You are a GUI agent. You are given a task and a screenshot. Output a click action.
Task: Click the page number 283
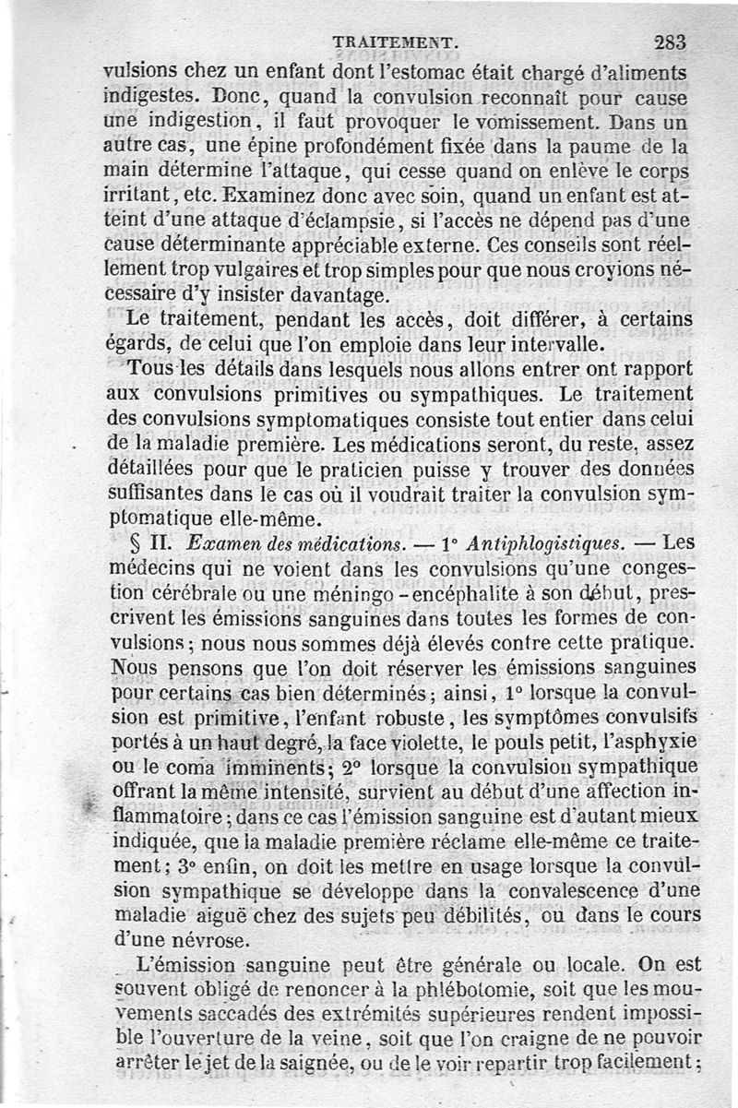point(670,42)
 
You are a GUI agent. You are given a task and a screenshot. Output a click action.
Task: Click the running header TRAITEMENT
point(395,42)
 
